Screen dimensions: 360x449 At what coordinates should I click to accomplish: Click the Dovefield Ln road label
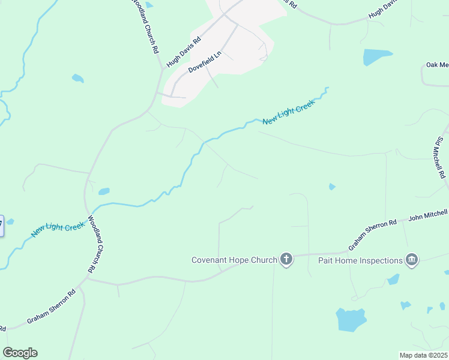click(x=205, y=62)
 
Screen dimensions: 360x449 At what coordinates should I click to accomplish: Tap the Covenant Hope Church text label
click(x=234, y=260)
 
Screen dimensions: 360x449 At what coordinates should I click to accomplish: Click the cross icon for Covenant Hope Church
click(x=286, y=260)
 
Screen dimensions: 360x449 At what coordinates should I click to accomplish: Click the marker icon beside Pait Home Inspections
click(x=412, y=260)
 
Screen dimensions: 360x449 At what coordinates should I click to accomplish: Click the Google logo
click(x=20, y=353)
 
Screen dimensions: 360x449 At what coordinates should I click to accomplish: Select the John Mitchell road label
click(x=428, y=214)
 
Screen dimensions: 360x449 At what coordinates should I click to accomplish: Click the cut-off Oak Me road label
click(x=437, y=65)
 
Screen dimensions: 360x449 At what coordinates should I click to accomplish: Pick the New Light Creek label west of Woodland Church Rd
click(x=58, y=229)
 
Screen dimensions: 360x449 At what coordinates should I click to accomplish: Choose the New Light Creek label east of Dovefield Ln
click(x=289, y=112)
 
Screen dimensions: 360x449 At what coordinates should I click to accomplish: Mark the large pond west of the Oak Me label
click(x=377, y=57)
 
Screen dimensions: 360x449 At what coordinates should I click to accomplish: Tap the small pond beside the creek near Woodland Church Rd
click(x=104, y=191)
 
